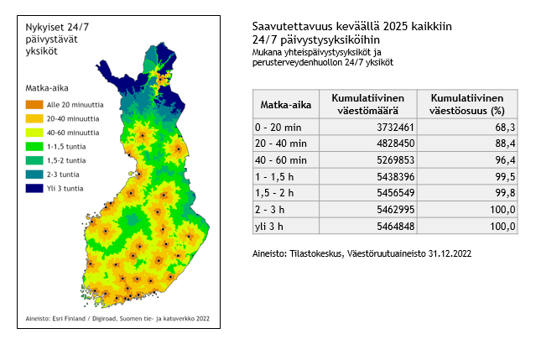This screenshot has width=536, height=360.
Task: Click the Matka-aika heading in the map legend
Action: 47,86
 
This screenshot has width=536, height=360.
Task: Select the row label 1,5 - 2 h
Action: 278,191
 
